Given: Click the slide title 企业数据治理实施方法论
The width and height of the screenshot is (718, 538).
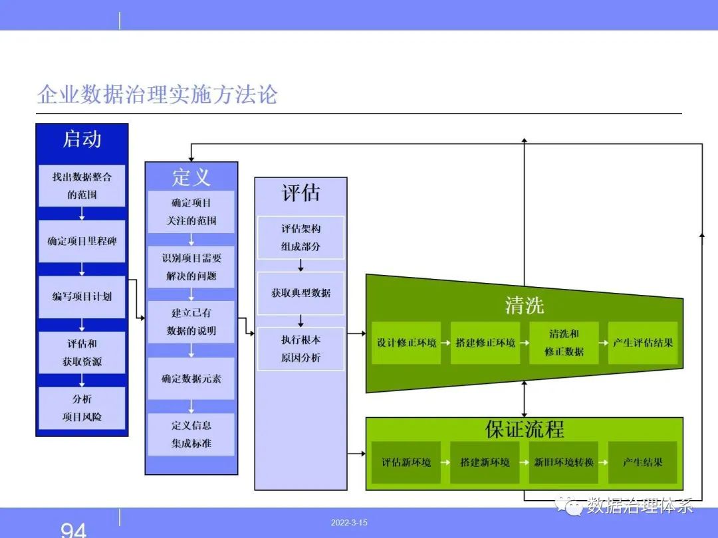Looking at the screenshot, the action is [x=158, y=94].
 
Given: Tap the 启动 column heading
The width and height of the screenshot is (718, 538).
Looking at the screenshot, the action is [x=82, y=139].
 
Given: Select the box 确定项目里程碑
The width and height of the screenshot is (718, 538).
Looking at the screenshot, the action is [x=82, y=241].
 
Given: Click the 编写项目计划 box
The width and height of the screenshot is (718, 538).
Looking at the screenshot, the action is [x=82, y=296].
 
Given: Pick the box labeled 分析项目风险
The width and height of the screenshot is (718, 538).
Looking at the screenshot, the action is [x=82, y=408].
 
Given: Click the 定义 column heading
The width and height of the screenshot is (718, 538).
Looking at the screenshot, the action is [x=191, y=177].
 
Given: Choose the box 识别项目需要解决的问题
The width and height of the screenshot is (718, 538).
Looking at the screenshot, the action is [x=191, y=267].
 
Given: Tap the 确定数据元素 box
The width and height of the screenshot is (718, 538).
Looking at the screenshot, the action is [x=191, y=379].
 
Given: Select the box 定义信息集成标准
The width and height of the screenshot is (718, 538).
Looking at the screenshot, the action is [x=191, y=434].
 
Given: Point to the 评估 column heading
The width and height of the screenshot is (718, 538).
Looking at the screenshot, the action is [x=301, y=193].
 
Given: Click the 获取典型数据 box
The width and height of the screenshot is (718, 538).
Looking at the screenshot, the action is [x=301, y=294].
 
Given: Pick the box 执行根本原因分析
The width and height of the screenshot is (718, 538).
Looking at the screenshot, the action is [x=301, y=349].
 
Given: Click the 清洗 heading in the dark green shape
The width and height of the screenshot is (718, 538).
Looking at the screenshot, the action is [x=525, y=305].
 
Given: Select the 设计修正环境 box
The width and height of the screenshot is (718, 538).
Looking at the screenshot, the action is [x=407, y=343].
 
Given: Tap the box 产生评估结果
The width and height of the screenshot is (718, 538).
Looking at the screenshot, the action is [x=643, y=343].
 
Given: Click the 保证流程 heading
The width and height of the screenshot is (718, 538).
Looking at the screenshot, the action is [x=525, y=429].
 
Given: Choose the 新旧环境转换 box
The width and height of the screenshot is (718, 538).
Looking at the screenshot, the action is [x=564, y=462].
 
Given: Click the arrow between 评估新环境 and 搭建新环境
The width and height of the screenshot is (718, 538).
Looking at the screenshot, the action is [x=445, y=462].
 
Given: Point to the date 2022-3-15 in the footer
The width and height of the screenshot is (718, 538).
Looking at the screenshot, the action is [x=349, y=523].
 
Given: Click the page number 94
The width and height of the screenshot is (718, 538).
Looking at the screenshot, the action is [x=73, y=530].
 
